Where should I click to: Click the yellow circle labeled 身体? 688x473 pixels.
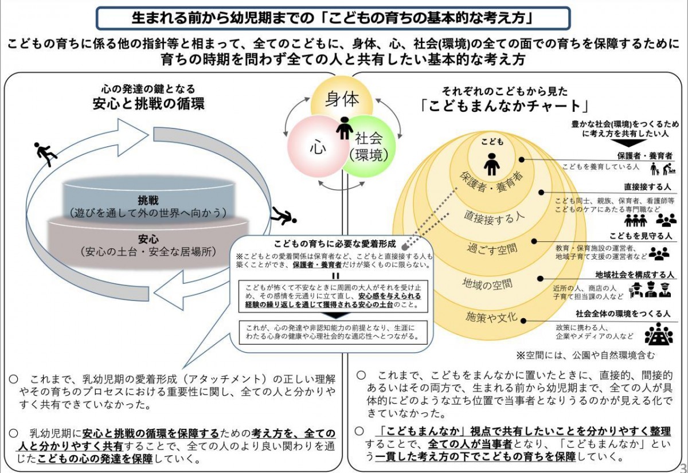342,99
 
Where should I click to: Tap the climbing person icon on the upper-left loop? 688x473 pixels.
44,154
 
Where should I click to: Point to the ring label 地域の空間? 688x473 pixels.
488,283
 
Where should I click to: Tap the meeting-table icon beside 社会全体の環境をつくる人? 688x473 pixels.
659,334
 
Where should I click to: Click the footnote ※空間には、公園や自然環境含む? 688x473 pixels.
585,354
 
